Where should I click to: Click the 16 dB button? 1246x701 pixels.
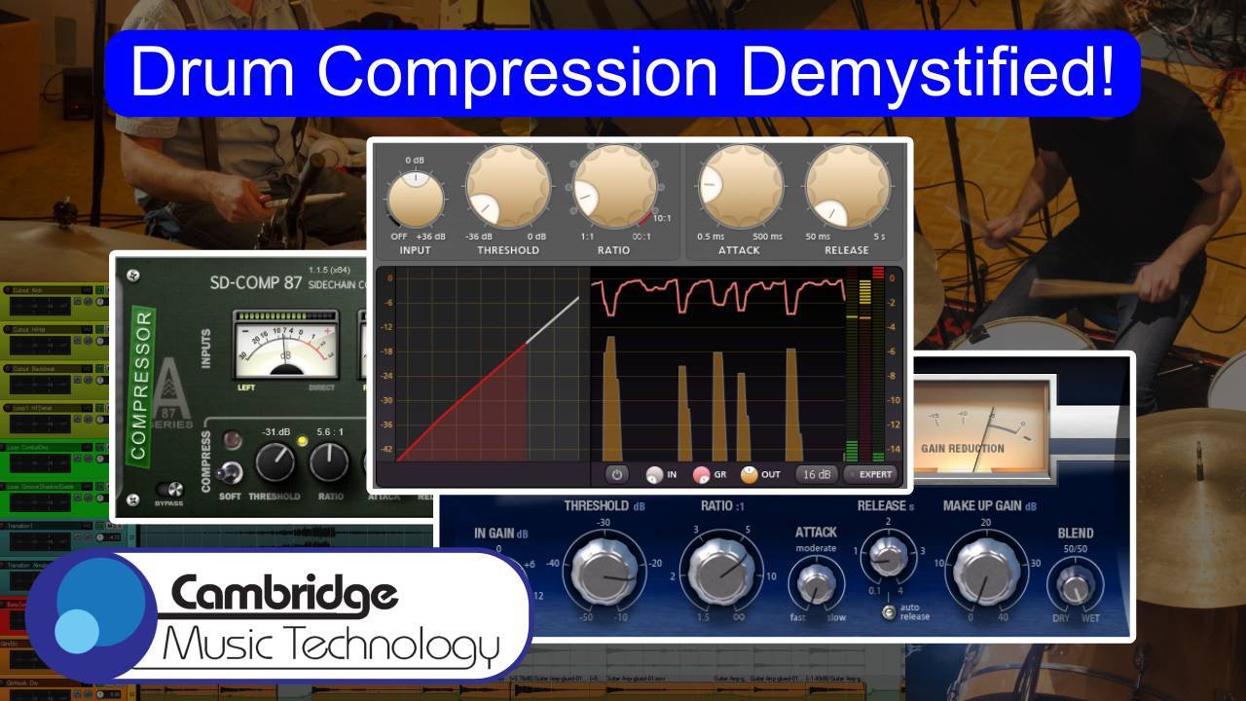pyautogui.click(x=815, y=475)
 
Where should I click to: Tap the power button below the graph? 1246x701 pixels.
pyautogui.click(x=615, y=475)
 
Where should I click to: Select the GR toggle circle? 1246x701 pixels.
pyautogui.click(x=701, y=476)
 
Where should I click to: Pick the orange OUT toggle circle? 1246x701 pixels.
pyautogui.click(x=749, y=475)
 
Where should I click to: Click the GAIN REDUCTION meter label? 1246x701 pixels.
pyautogui.click(x=963, y=449)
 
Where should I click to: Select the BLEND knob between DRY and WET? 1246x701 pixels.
pyautogui.click(x=1075, y=586)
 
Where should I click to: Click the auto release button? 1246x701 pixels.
pyautogui.click(x=888, y=611)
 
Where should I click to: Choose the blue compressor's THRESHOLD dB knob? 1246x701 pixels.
pyautogui.click(x=608, y=571)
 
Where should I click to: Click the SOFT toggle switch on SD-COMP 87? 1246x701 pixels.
pyautogui.click(x=231, y=473)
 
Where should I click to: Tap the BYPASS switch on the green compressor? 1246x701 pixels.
pyautogui.click(x=175, y=490)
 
